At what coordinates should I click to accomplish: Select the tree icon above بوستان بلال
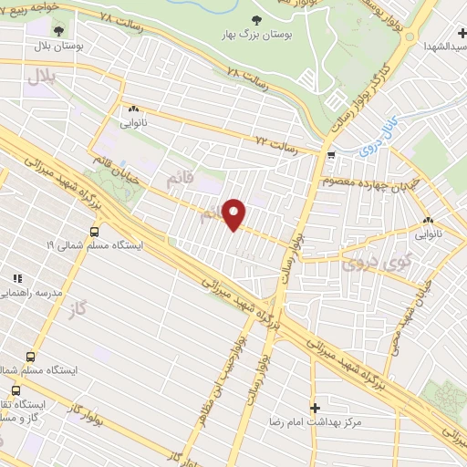[x=59, y=29]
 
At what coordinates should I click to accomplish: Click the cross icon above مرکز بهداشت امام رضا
[x=316, y=407]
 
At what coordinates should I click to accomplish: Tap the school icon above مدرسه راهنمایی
[x=16, y=277]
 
